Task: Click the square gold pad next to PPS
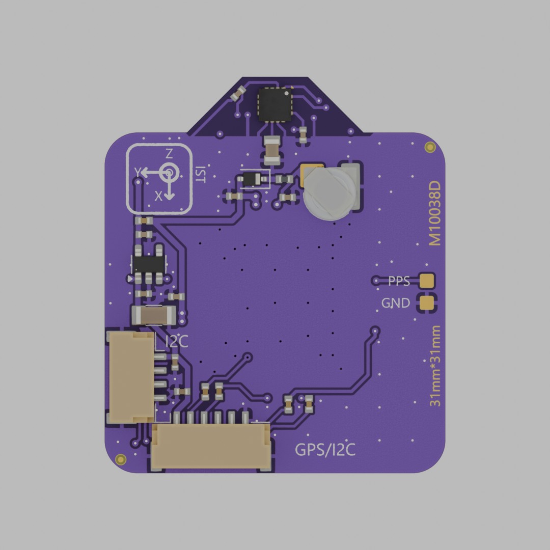coord(427,280)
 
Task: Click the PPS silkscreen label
coord(399,281)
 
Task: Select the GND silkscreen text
coord(396,303)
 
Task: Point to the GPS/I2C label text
coord(325,450)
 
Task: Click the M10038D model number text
coord(434,213)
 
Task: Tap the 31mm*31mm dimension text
coord(435,366)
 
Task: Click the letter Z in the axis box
coord(169,154)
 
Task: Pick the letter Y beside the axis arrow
coord(138,172)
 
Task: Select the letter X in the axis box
coord(158,196)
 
